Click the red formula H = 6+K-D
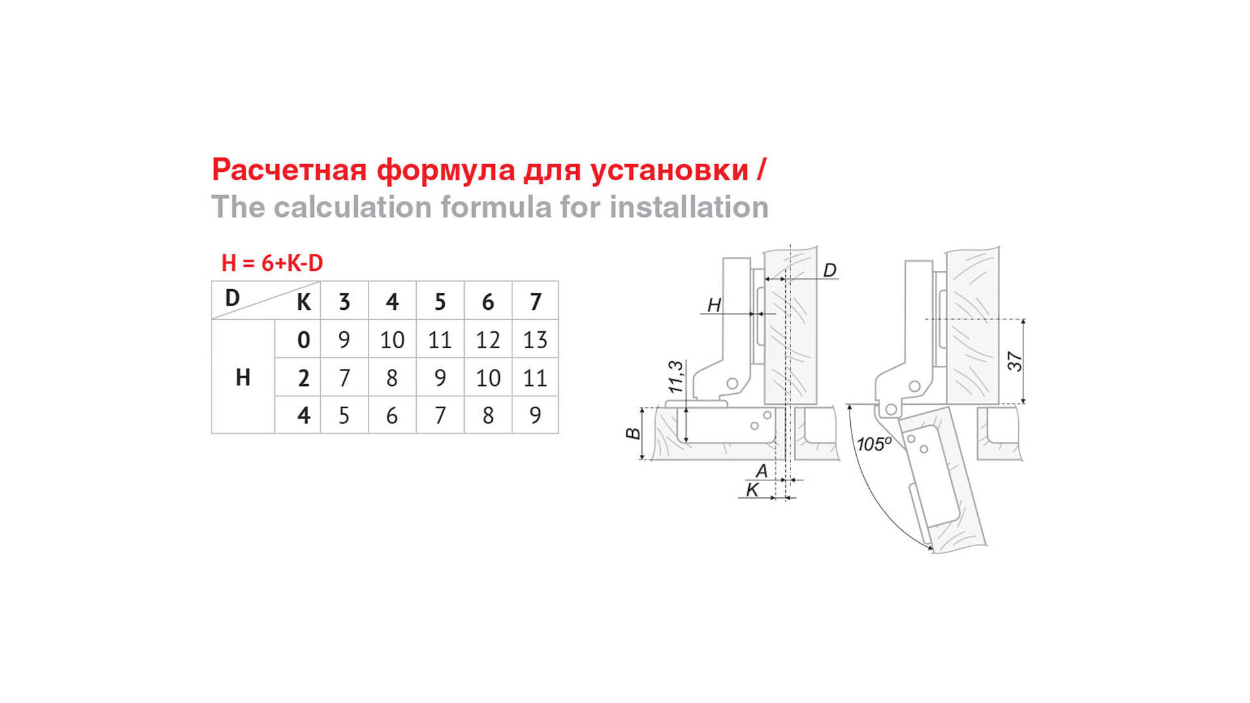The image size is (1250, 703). point(272,263)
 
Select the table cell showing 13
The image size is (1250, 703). point(535,340)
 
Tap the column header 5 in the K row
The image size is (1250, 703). point(440,302)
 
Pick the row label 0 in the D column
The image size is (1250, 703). point(303,340)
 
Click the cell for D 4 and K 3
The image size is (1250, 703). point(344,415)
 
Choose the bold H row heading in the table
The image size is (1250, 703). point(243,378)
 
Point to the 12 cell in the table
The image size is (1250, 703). point(488,340)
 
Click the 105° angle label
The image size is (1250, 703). point(874,444)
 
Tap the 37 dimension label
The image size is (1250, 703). point(1015,361)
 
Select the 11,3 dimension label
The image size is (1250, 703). point(676,377)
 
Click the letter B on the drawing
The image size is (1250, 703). point(633,434)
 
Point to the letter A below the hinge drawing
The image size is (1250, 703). point(761,471)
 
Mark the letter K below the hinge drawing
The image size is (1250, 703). point(753,490)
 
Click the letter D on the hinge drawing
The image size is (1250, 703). point(829,270)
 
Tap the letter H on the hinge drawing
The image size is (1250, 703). point(714,305)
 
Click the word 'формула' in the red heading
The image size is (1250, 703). point(446,171)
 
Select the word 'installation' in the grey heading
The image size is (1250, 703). point(689,207)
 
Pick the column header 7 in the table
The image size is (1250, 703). point(535,302)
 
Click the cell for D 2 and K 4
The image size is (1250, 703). point(392,378)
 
